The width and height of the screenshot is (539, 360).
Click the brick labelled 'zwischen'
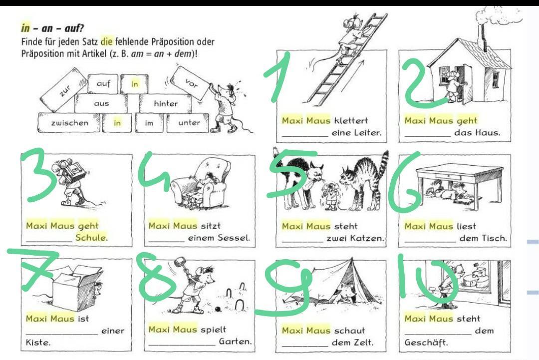tap(69, 123)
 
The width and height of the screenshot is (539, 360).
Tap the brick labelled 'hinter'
tap(166, 103)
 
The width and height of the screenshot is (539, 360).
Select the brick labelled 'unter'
tap(189, 123)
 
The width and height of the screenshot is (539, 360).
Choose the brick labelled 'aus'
tap(101, 103)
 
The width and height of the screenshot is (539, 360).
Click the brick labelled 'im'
tap(149, 123)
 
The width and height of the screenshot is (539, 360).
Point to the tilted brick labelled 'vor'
tap(192, 83)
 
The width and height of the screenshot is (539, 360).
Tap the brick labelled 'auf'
tap(103, 83)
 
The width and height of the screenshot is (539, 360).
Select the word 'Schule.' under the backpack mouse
tap(91, 237)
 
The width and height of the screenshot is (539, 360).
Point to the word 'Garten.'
tap(236, 342)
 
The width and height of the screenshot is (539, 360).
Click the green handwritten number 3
tap(38, 174)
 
